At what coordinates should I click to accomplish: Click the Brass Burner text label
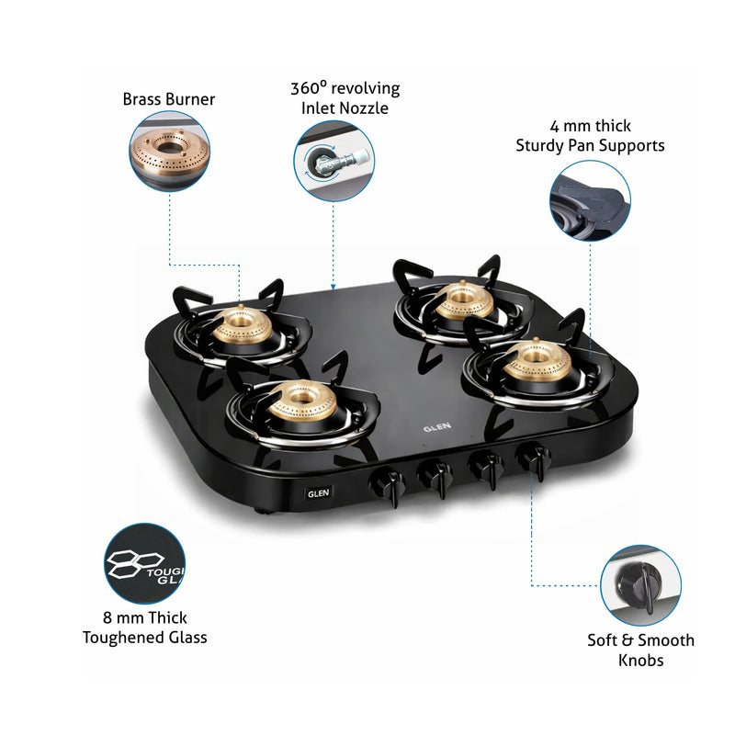click(x=168, y=98)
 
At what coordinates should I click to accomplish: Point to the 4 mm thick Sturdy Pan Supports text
click(x=589, y=135)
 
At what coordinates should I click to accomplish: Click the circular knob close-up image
click(x=640, y=584)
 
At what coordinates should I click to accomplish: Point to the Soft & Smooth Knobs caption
click(x=640, y=650)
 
